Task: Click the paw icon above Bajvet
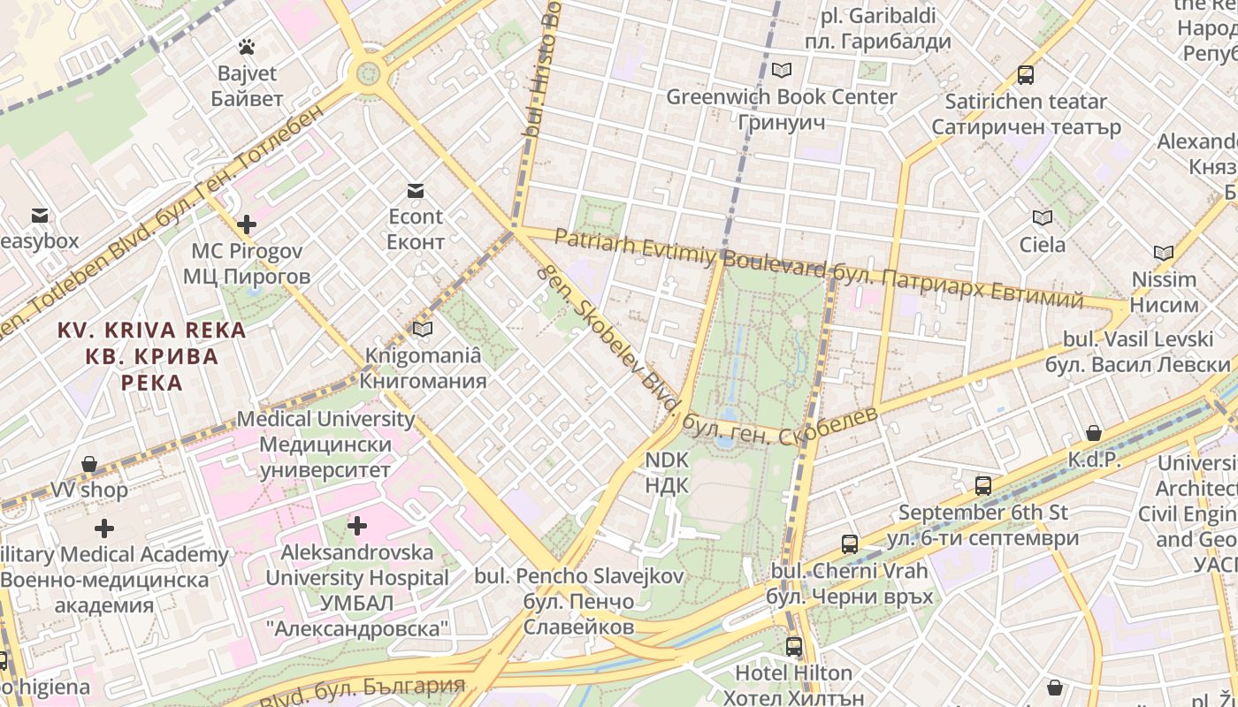[x=247, y=46]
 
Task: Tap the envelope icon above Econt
[x=416, y=190]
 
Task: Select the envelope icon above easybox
[x=39, y=215]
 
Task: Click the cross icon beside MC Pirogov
[x=247, y=224]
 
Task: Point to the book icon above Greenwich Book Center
[x=781, y=70]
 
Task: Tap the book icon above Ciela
[x=1043, y=217]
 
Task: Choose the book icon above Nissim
[x=1164, y=254]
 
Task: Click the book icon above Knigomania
[x=423, y=330]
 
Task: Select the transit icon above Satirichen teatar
[x=1026, y=75]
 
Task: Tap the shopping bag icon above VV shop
[x=88, y=464]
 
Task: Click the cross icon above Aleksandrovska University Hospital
[x=357, y=527]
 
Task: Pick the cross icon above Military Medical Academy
[x=104, y=528]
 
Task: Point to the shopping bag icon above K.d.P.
[x=1094, y=433]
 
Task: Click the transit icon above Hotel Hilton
[x=794, y=647]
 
